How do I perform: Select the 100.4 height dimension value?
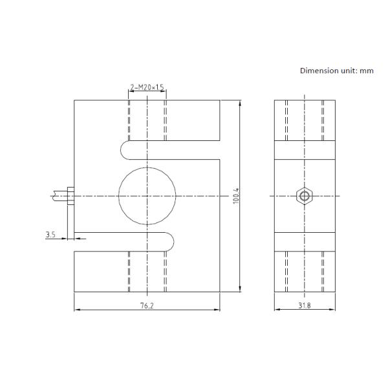pos(236,196)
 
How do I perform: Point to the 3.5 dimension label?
pos(50,235)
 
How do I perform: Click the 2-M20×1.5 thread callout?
pos(147,87)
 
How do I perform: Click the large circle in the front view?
pos(147,195)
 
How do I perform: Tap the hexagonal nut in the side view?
pos(303,195)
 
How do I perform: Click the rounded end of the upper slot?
pos(125,150)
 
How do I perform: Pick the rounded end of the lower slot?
pos(169,242)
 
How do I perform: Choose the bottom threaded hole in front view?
pos(147,272)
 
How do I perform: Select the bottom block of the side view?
pos(305,272)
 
